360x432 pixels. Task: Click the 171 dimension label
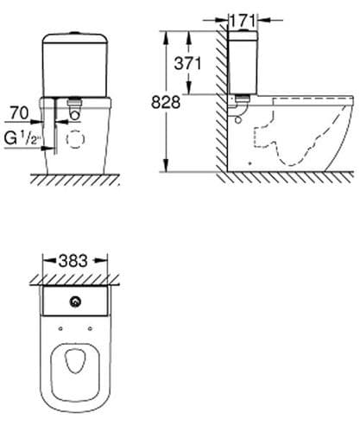click(243, 21)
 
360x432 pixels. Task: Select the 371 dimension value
click(187, 63)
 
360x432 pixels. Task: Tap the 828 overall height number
click(166, 102)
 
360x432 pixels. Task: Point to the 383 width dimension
click(73, 261)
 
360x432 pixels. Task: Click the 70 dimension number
click(19, 113)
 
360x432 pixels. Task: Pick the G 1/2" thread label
click(22, 138)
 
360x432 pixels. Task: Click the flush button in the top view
click(75, 302)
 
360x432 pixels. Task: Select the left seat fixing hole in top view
click(60, 328)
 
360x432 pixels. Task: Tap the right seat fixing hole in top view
click(90, 328)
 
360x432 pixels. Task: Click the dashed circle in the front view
click(75, 139)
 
